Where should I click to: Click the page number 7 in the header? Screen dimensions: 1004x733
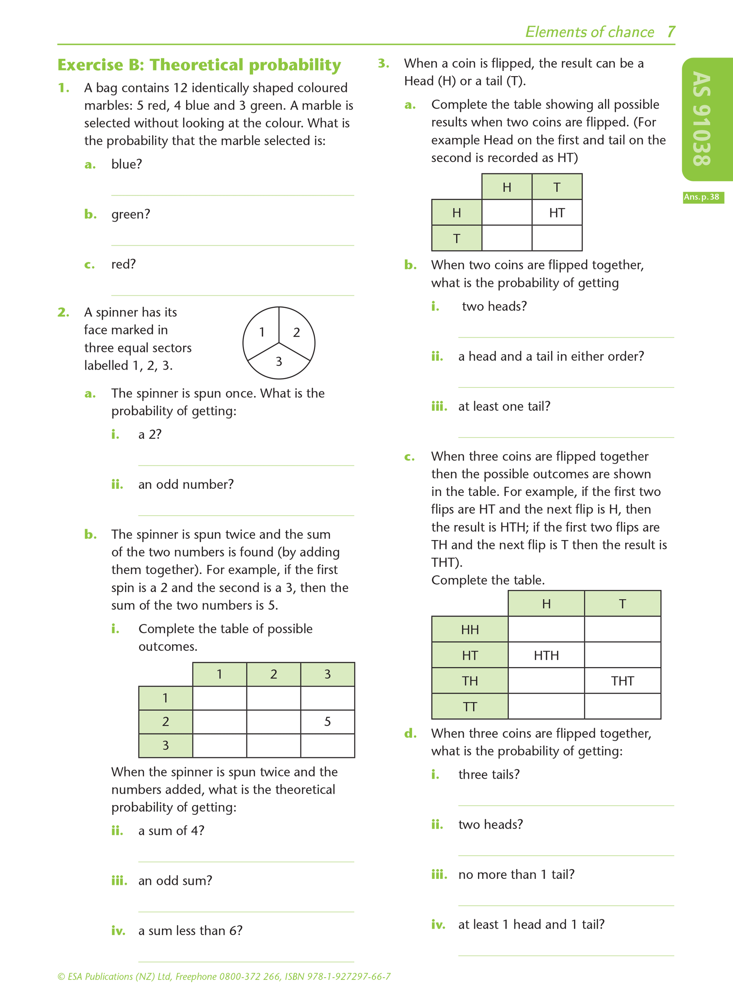pyautogui.click(x=671, y=32)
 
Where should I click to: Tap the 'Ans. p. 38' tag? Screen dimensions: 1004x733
pyautogui.click(x=703, y=197)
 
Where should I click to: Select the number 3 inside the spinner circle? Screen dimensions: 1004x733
pyautogui.click(x=279, y=362)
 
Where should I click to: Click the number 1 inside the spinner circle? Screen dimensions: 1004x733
pyautogui.click(x=262, y=332)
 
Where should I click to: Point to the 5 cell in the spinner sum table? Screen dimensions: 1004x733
pyautogui.click(x=327, y=722)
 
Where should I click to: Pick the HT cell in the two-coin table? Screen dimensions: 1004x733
pyautogui.click(x=557, y=213)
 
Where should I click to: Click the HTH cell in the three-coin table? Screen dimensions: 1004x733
pyautogui.click(x=546, y=655)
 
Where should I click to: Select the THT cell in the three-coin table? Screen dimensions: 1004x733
pyautogui.click(x=622, y=681)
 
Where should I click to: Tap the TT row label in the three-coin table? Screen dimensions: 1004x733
pyautogui.click(x=470, y=707)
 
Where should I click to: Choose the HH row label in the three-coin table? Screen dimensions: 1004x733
pyautogui.click(x=470, y=630)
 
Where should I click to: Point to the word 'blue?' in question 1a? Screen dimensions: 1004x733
pyautogui.click(x=127, y=164)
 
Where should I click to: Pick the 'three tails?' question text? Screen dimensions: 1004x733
pyautogui.click(x=489, y=774)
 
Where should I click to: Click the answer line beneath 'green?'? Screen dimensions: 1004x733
pyautogui.click(x=232, y=245)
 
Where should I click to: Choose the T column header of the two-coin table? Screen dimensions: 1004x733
pyautogui.click(x=557, y=187)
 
